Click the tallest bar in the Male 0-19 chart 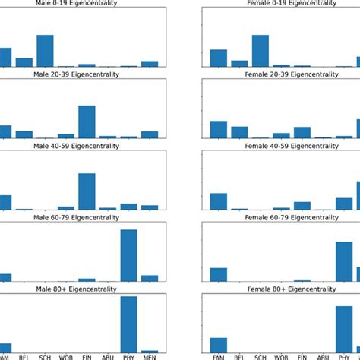pos(45,51)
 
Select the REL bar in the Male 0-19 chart pos(24,62)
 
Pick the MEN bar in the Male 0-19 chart pos(150,64)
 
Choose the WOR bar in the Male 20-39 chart pos(66,136)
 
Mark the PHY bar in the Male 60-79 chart pos(128,255)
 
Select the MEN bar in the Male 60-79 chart pos(150,278)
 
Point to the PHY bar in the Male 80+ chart pos(128,324)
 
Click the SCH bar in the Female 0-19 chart pos(261,51)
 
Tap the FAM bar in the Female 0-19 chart pos(219,58)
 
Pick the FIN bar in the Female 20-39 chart pos(302,132)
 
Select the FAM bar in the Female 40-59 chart pos(219,201)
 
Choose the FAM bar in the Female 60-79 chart pos(219,274)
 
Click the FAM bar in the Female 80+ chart pos(219,345)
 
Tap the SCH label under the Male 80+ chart pos(45,356)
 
